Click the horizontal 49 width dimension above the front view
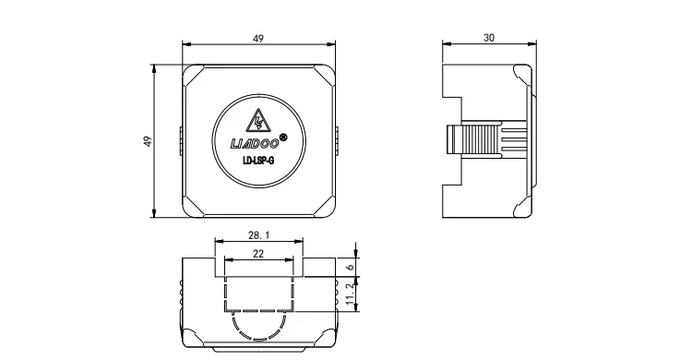[258, 39]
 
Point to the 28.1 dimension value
[258, 236]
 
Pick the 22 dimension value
[258, 253]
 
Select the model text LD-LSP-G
[258, 163]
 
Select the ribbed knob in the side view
[482, 140]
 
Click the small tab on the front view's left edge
[180, 140]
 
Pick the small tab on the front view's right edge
[338, 140]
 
